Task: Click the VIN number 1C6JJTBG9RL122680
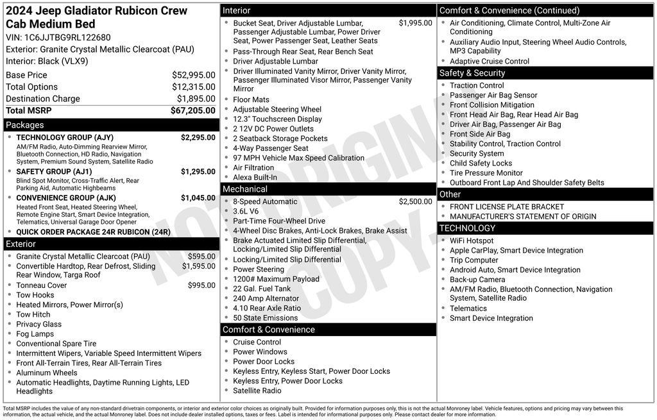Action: [67, 37]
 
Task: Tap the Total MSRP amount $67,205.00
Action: [192, 110]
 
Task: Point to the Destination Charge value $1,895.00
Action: [196, 99]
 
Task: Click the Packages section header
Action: [25, 125]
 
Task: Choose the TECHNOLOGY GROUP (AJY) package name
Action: [65, 137]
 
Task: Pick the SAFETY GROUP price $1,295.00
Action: [198, 172]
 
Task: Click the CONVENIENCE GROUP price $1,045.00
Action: [198, 197]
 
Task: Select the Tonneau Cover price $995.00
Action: [201, 285]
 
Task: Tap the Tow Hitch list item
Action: [33, 315]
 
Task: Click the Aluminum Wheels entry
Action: [47, 373]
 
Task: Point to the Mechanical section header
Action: [244, 189]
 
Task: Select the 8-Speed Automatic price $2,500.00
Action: [415, 201]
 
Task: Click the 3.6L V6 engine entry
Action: [246, 212]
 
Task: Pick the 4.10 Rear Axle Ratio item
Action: [267, 308]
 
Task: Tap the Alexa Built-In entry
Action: [255, 178]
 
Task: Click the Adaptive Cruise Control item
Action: [490, 62]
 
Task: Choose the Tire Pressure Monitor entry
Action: [486, 173]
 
